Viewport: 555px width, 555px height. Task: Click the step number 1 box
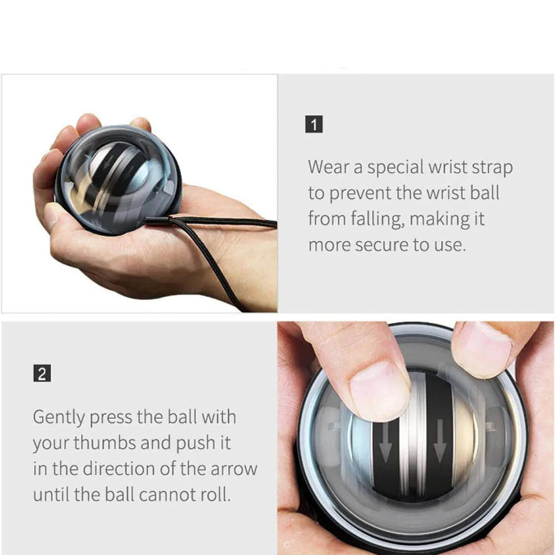pos(313,124)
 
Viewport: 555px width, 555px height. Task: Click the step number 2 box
pos(42,373)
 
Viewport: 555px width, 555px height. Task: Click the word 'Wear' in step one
pos(328,166)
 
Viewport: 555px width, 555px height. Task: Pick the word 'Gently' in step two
pos(59,417)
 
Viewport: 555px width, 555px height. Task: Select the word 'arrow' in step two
pos(234,469)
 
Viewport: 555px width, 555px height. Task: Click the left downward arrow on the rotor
pos(386,442)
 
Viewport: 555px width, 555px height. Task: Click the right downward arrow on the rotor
pos(439,441)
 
